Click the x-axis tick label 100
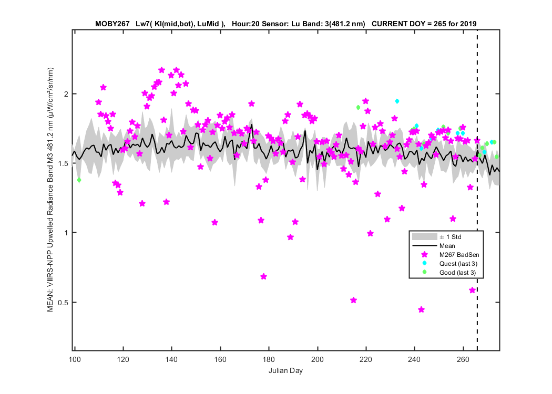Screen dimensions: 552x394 pyautogui.click(x=75, y=359)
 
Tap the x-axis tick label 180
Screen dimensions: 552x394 pyautogui.click(x=269, y=359)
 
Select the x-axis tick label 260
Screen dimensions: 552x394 pyautogui.click(x=463, y=359)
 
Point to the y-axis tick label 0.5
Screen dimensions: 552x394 pyautogui.click(x=63, y=303)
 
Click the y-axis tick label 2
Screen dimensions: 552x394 pyautogui.click(x=66, y=94)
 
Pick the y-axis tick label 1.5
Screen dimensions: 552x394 pyautogui.click(x=63, y=163)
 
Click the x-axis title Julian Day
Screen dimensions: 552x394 pyautogui.click(x=285, y=370)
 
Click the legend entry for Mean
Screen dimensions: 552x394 pyautogui.click(x=447, y=246)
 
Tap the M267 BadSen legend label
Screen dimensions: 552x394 pyautogui.click(x=459, y=255)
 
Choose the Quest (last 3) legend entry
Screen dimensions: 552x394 pyautogui.click(x=458, y=264)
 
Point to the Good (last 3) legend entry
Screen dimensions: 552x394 pyautogui.click(x=457, y=273)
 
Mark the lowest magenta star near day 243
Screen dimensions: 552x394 pyautogui.click(x=422, y=309)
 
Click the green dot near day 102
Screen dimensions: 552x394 pyautogui.click(x=79, y=180)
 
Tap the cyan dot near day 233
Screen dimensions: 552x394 pyautogui.click(x=397, y=101)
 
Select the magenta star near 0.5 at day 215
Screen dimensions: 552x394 pyautogui.click(x=353, y=300)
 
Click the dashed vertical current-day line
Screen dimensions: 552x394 pyautogui.click(x=477, y=190)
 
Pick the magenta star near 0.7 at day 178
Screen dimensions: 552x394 pyautogui.click(x=264, y=276)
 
